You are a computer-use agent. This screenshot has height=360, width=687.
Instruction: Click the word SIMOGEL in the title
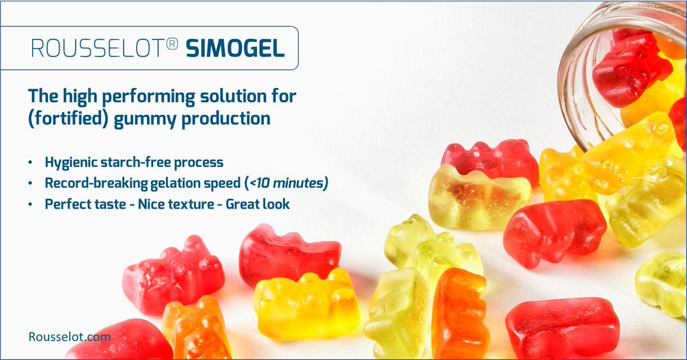click(235, 49)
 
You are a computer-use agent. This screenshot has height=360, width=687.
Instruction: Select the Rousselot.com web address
click(69, 337)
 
